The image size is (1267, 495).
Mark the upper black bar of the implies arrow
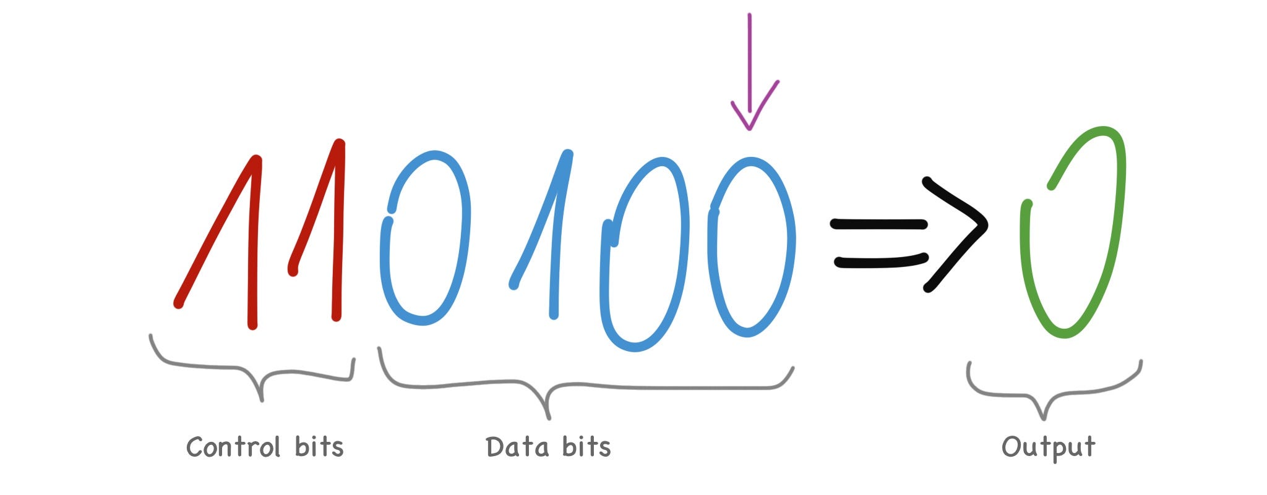(878, 225)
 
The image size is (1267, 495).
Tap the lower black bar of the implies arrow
(878, 262)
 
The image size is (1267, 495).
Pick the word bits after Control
(319, 447)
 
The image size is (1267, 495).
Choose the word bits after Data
(586, 447)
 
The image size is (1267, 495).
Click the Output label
(1048, 447)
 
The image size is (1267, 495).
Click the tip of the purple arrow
(749, 129)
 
